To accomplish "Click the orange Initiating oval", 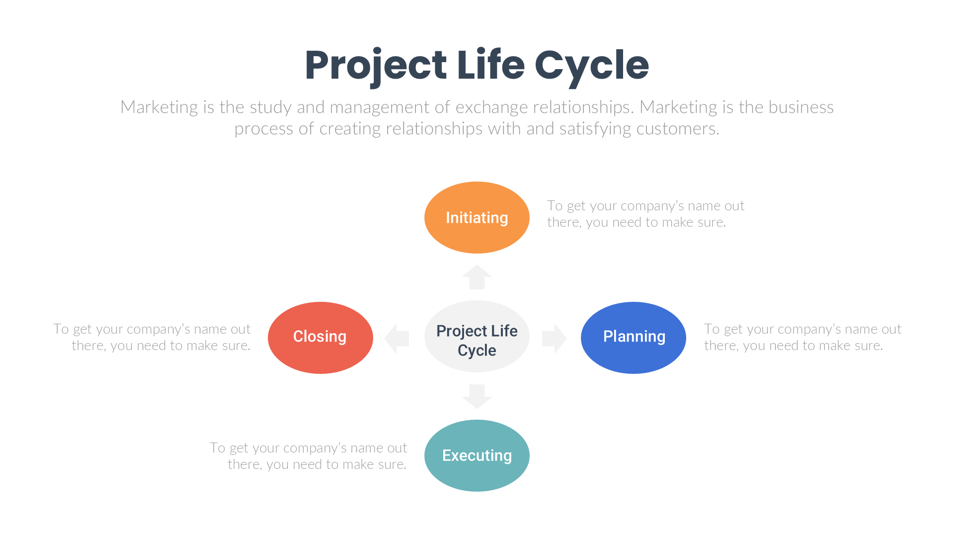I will click(x=477, y=217).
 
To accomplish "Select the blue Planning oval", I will click(x=633, y=337).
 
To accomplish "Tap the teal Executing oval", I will click(x=477, y=455).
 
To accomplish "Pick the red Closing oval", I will click(x=320, y=337).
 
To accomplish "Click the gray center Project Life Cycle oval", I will click(x=477, y=337).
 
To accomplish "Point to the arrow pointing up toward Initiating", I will click(x=477, y=277).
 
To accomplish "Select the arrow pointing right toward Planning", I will click(x=554, y=338).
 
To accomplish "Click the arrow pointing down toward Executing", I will click(x=477, y=396).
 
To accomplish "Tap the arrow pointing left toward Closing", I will click(x=397, y=338).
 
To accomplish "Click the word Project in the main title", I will click(x=376, y=65).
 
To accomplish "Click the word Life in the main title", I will click(x=490, y=65).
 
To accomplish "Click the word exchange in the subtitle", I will click(x=492, y=107).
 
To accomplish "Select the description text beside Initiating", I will click(x=645, y=214).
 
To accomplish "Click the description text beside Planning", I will click(x=802, y=337).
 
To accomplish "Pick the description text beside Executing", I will click(x=308, y=456).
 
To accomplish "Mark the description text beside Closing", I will click(x=152, y=337).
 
